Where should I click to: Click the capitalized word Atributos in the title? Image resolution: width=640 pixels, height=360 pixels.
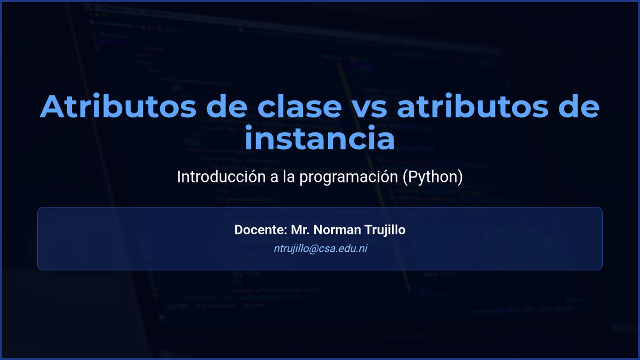click(x=118, y=106)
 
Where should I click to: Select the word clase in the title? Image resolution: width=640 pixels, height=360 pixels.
click(x=299, y=106)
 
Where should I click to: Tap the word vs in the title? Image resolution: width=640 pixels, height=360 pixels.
click(x=369, y=109)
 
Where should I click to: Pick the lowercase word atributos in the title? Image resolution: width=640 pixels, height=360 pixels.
click(x=473, y=106)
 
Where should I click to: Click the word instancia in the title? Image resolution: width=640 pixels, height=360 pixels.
click(x=319, y=138)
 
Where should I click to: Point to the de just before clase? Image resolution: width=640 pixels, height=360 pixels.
click(x=227, y=106)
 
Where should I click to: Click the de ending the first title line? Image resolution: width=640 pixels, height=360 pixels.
click(x=579, y=106)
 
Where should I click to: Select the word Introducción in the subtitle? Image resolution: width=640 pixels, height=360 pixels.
click(x=221, y=177)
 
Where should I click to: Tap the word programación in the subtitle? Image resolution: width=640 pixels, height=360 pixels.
click(x=349, y=178)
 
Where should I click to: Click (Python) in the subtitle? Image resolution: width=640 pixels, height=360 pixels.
click(x=433, y=178)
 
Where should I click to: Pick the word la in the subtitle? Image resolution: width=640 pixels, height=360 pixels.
click(x=289, y=177)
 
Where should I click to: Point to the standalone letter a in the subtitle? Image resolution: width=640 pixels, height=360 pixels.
click(x=274, y=178)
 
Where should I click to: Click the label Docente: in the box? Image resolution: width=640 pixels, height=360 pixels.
click(x=261, y=230)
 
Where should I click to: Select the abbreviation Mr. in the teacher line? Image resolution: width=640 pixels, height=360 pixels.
click(x=300, y=230)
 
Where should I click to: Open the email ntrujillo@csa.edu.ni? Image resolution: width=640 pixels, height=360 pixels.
click(x=321, y=249)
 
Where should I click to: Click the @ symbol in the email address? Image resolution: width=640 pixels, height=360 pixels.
click(x=314, y=249)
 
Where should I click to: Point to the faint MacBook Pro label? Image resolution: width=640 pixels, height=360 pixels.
click(x=406, y=337)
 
